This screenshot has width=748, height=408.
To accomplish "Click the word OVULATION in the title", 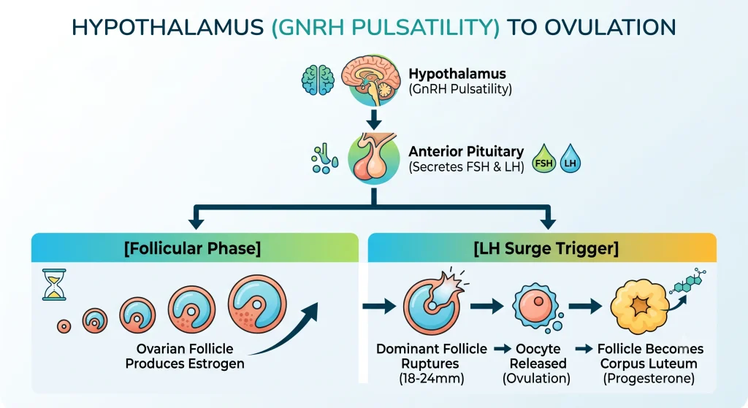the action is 610,27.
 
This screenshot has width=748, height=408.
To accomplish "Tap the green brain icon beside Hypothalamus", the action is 318,80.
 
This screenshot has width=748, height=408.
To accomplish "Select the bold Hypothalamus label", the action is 457,74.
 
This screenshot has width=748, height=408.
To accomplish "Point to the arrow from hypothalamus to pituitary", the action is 373,119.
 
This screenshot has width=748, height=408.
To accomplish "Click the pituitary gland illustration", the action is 373,158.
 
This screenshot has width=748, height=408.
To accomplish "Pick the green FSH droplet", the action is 543,158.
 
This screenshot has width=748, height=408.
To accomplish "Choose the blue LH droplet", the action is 570,158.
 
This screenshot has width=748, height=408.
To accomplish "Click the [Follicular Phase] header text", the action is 192,248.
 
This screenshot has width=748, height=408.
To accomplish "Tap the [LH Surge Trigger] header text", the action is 546,248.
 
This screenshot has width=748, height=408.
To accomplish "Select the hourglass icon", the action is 54,285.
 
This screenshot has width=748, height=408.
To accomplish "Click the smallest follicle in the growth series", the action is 64,326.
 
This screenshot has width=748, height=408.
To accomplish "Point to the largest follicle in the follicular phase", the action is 257,304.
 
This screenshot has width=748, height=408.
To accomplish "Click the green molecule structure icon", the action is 688,281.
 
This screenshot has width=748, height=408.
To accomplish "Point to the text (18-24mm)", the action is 431,379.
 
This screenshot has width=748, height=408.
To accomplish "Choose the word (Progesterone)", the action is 649,379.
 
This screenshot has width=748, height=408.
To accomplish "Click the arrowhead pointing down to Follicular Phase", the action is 196,223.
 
